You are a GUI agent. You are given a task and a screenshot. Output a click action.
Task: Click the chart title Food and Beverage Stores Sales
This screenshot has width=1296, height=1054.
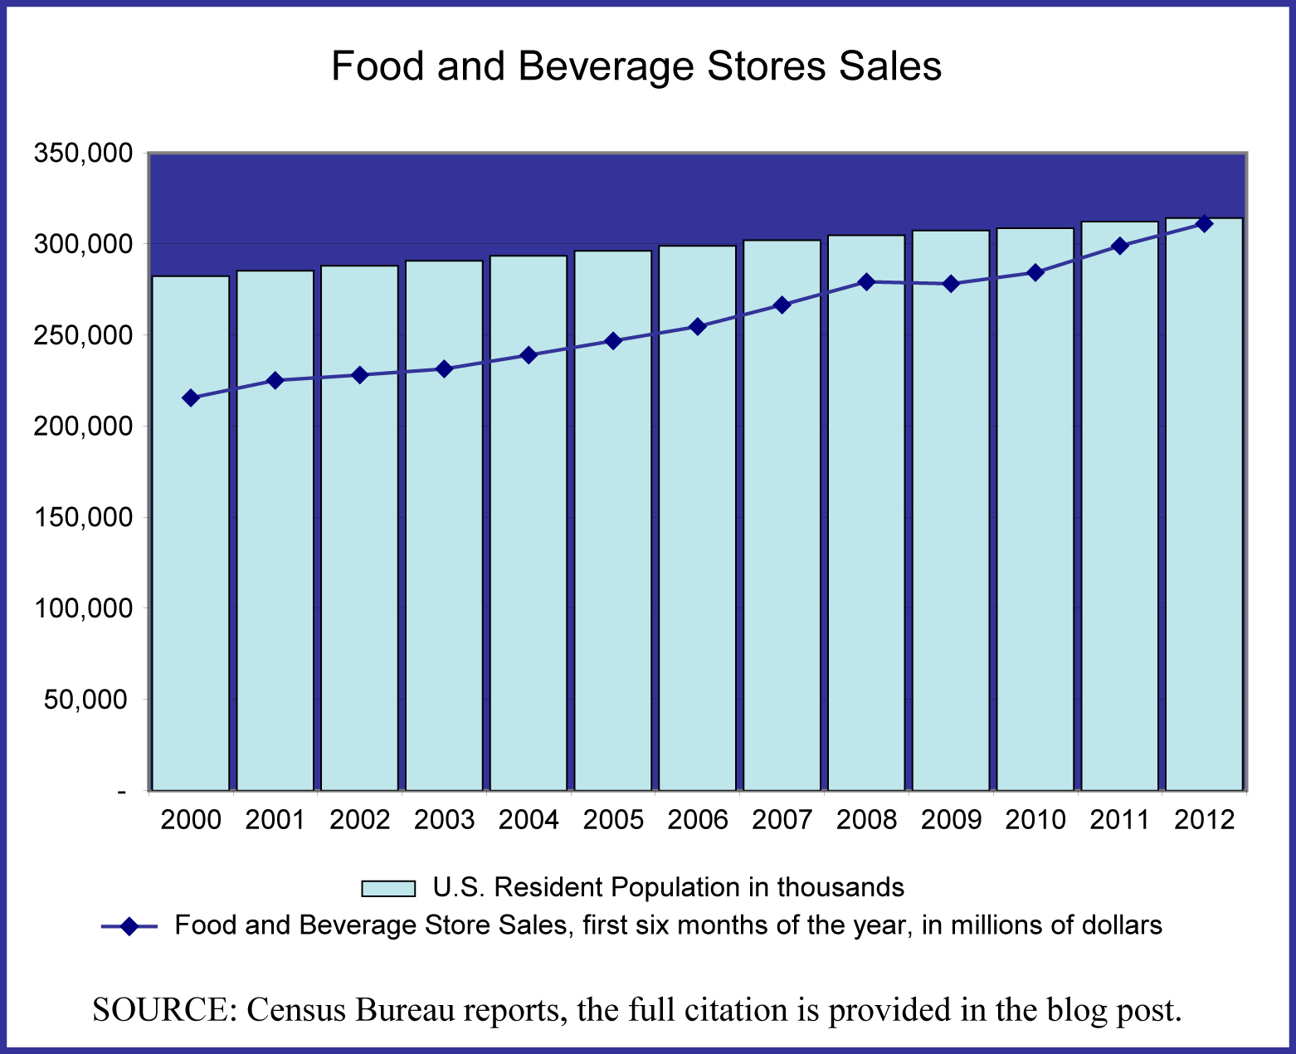tap(636, 66)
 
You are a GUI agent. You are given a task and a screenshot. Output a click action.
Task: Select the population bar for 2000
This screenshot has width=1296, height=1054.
tap(191, 581)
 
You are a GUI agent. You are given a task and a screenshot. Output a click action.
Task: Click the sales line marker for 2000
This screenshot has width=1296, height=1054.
tap(191, 398)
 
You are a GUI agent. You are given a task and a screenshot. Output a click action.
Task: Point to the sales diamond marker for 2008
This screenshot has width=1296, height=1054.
tap(866, 281)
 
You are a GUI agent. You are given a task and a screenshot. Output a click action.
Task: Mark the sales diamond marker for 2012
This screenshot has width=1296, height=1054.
tap(1204, 223)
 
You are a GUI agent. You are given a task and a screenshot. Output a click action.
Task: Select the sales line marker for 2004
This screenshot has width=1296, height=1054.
tap(529, 355)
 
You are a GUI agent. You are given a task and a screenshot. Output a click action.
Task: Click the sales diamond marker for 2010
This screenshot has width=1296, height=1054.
tap(1035, 272)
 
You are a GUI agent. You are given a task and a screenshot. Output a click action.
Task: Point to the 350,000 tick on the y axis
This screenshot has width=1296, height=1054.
tap(81, 153)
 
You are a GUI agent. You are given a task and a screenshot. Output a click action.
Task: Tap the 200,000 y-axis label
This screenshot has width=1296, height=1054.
tap(81, 426)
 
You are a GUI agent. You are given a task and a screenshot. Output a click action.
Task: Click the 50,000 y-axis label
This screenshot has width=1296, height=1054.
tap(86, 699)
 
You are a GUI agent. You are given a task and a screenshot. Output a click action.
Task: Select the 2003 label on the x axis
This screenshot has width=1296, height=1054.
tap(444, 820)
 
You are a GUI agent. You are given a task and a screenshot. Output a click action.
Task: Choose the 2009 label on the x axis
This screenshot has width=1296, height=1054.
tap(951, 820)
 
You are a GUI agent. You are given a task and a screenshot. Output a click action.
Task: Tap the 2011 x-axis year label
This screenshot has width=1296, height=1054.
tap(1119, 820)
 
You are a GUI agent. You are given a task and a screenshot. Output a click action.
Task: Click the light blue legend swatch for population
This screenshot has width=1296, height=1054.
tap(387, 888)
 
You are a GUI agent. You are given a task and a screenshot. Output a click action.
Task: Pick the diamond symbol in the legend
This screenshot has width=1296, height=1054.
tap(129, 926)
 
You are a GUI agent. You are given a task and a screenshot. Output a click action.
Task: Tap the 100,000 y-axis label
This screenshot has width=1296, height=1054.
tap(81, 608)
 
